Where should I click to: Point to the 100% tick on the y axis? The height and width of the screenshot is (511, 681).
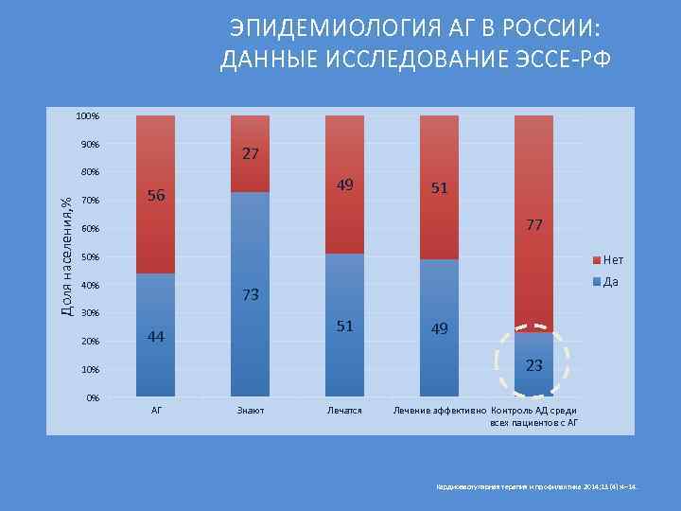point(88,116)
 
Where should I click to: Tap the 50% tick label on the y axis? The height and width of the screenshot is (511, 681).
point(90,257)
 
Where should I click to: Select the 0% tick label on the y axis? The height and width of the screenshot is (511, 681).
point(92,397)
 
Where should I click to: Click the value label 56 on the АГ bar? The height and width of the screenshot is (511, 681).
point(156,196)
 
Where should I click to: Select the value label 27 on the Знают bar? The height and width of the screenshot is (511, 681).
point(251,153)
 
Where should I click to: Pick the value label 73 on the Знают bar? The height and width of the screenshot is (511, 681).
point(251,295)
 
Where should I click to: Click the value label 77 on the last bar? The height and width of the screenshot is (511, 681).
point(533,224)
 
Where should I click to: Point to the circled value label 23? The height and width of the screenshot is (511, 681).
point(533,365)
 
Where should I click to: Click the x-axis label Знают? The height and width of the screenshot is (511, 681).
point(251,411)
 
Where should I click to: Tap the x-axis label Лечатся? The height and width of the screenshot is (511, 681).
point(344,411)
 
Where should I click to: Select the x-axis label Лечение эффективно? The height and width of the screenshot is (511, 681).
point(439,411)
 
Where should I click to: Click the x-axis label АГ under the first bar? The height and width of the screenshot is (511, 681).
point(156,411)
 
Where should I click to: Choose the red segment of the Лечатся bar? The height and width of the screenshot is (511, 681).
point(344,185)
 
